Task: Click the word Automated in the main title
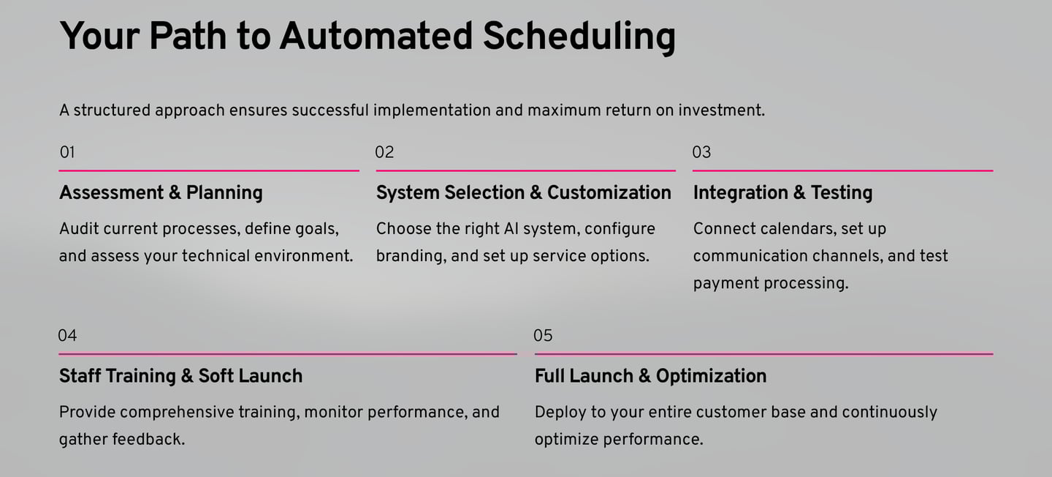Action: pos(376,37)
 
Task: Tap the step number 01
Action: pos(67,152)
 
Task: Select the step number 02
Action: pos(384,152)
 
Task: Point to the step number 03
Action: pos(701,152)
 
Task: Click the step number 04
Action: pos(67,335)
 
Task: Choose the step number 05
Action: pos(543,335)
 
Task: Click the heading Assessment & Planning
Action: pos(161,193)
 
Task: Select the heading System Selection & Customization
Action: pos(523,193)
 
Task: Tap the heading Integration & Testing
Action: pos(783,193)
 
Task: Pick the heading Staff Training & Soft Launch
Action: pos(181,376)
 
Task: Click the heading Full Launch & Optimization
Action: pos(650,376)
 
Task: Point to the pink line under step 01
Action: pos(209,170)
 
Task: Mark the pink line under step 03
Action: pos(842,170)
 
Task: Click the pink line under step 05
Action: pos(763,354)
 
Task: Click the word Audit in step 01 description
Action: pos(78,228)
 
